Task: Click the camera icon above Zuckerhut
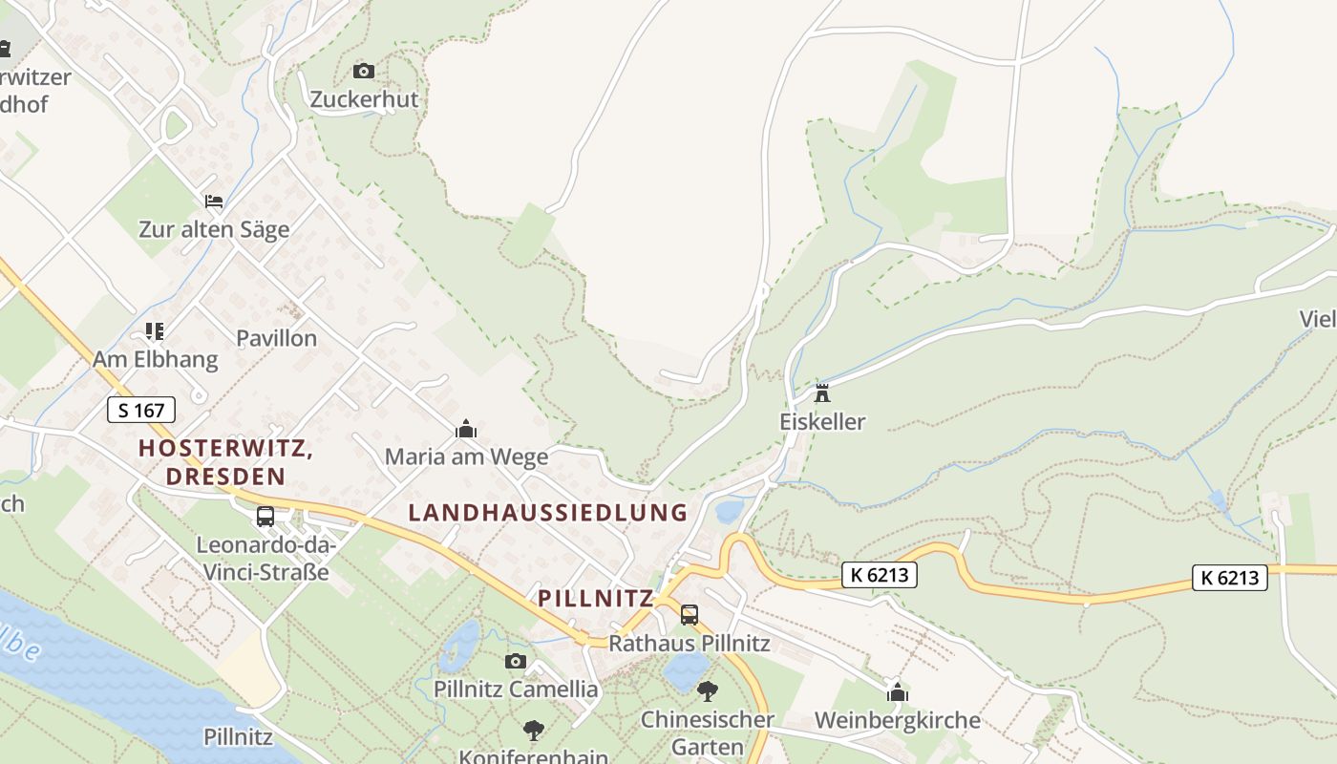point(364,71)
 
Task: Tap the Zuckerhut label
point(364,99)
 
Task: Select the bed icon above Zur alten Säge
point(214,202)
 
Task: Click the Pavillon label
point(276,338)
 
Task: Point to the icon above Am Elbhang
point(155,331)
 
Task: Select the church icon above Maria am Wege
point(466,430)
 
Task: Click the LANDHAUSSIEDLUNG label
point(548,512)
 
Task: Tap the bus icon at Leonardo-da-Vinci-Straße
point(265,517)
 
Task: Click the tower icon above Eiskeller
point(821,393)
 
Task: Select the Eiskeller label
point(822,422)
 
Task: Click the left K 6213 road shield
point(880,575)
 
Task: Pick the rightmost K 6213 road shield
point(1230,577)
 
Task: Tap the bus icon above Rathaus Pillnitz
point(690,615)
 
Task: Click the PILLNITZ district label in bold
point(596,599)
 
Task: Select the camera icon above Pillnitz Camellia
point(516,661)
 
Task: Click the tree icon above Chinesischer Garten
point(707,690)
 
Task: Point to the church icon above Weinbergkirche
point(897,692)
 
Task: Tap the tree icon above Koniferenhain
point(534,731)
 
